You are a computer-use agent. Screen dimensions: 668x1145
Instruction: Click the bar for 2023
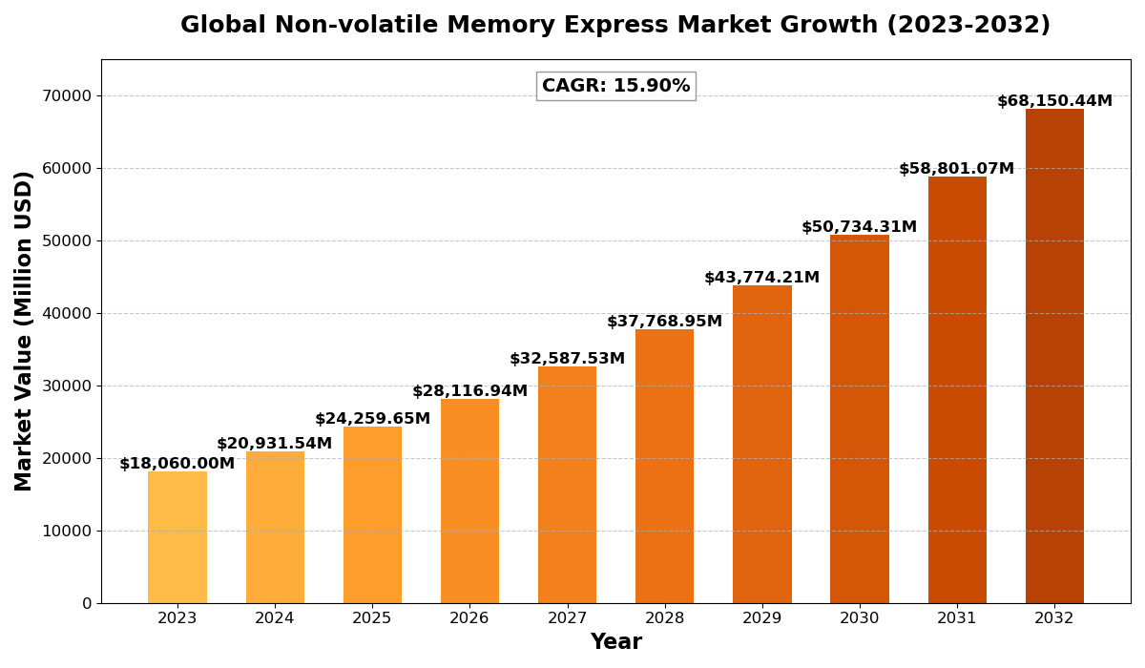point(177,537)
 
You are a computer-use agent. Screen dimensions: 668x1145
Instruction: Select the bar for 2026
point(469,501)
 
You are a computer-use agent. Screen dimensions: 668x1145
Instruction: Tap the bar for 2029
point(762,444)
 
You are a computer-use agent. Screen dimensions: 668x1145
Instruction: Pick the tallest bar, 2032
point(1054,356)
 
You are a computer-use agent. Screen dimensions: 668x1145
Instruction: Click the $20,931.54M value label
point(275,444)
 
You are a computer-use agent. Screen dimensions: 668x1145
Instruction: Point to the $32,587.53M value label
point(567,359)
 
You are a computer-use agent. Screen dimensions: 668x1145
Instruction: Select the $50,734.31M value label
point(859,227)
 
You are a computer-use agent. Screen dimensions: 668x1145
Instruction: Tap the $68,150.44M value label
point(1054,101)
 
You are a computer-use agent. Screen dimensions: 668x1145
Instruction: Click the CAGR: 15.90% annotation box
point(615,86)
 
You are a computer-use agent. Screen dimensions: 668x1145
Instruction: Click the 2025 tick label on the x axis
point(372,618)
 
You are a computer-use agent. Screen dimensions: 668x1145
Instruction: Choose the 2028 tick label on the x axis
point(664,618)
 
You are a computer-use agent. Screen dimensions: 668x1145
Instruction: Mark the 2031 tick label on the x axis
point(957,618)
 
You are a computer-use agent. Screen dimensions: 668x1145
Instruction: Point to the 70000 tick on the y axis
point(67,95)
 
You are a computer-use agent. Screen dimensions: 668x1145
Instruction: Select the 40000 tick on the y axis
point(67,313)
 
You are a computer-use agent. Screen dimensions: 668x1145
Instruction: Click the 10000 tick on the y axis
point(67,531)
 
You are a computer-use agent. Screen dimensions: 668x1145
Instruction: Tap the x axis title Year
point(615,642)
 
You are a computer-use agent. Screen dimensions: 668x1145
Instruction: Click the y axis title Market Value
point(24,330)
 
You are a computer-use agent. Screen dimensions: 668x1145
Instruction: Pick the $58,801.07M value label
point(956,169)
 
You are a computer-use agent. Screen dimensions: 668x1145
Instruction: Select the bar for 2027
point(567,485)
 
